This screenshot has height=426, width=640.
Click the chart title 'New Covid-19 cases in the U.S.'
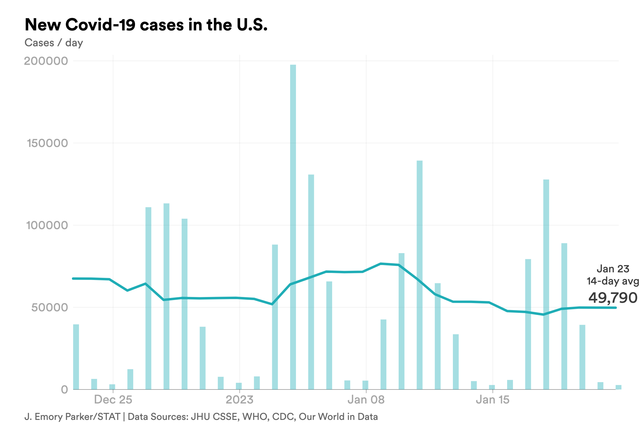pos(146,25)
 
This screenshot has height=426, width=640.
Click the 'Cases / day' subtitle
pos(54,43)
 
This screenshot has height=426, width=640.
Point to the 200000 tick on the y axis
pos(46,61)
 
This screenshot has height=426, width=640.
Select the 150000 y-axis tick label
pos(47,143)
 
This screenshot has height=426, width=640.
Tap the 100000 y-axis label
pos(47,225)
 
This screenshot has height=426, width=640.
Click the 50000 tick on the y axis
pos(49,308)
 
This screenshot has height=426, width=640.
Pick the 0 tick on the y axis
pos(64,390)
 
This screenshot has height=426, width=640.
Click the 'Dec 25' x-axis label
pos(113,400)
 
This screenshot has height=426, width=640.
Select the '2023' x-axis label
pos(240,400)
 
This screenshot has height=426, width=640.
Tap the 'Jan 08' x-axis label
pos(366,400)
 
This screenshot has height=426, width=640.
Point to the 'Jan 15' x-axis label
pos(492,400)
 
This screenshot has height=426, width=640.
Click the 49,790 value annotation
pos(613,298)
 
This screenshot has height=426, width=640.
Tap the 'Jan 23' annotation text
pos(613,269)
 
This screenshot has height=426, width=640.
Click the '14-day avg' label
pos(613,281)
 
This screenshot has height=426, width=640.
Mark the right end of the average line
pos(616,308)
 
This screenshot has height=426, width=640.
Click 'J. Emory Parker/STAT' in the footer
pos(72,417)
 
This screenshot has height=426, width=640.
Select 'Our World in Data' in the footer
pos(338,417)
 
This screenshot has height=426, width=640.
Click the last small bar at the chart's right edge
pos(618,387)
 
